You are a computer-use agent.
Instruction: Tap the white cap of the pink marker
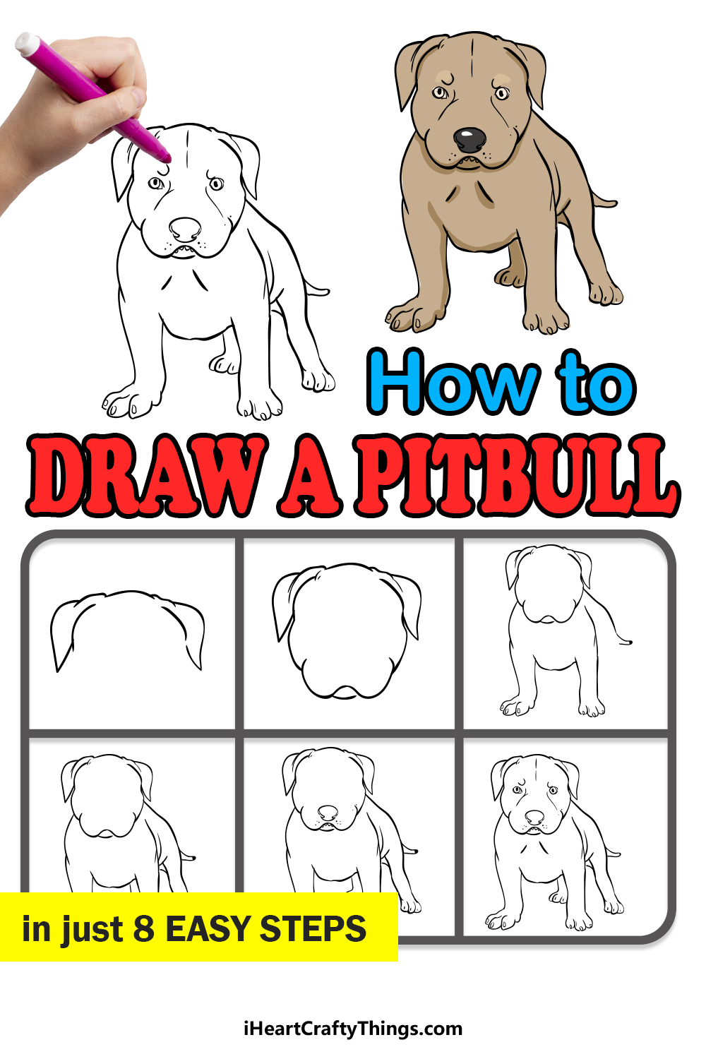(27, 43)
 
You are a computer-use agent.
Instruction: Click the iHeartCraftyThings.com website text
(353, 1029)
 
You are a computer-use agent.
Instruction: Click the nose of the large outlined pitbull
(185, 229)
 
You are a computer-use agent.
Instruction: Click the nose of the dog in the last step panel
(534, 817)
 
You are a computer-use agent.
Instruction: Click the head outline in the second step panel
(347, 630)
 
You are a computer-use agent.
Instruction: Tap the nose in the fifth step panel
(328, 813)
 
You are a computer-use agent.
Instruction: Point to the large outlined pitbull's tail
(316, 288)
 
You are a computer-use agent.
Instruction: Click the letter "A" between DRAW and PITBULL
(310, 475)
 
